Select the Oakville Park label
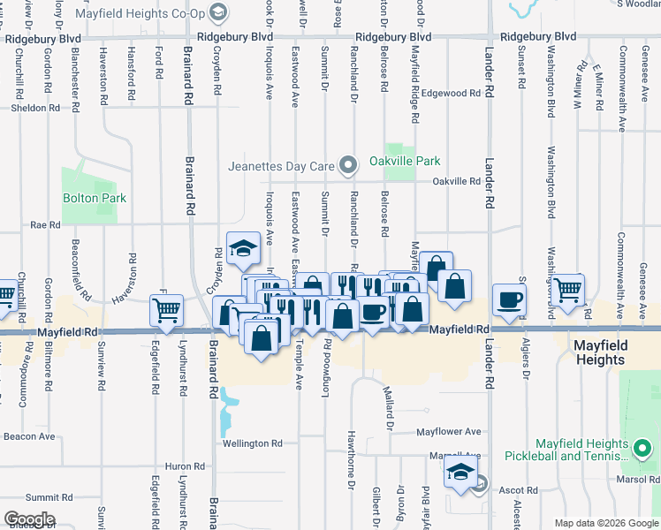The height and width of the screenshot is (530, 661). (404, 161)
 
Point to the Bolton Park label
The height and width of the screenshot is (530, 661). (94, 198)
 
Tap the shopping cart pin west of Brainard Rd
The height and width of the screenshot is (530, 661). (166, 310)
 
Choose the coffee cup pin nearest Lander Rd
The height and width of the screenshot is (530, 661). (509, 299)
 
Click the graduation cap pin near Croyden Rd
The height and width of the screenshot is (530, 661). (242, 248)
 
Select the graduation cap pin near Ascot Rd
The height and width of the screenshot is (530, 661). (460, 473)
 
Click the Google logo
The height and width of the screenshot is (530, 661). (29, 519)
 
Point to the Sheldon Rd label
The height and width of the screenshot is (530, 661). (35, 108)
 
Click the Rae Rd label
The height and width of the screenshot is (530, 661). (45, 225)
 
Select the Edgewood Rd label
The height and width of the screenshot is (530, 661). (451, 93)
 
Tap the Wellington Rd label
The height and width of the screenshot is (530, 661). (252, 443)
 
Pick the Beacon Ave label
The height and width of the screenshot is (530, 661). (29, 436)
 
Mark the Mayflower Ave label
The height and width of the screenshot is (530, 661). (449, 432)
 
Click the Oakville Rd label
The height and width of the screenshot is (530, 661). (456, 182)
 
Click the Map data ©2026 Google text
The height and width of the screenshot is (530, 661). (605, 523)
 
